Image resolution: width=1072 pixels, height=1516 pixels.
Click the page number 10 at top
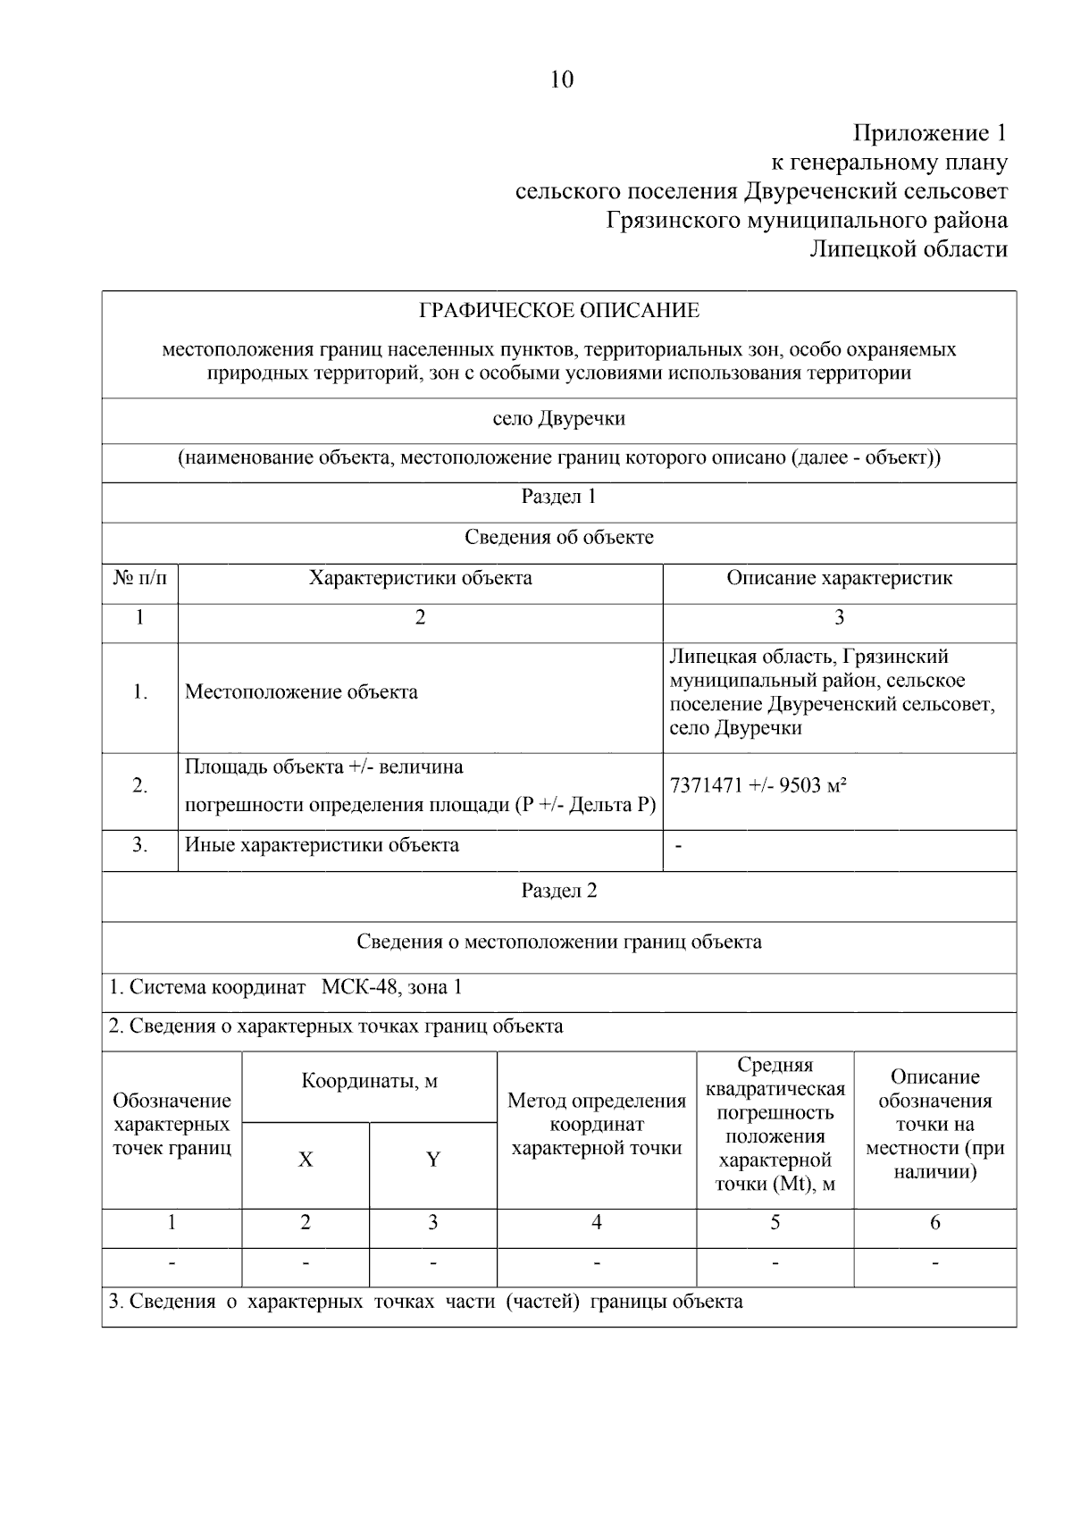562,80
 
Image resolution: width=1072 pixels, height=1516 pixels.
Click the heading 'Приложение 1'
930,134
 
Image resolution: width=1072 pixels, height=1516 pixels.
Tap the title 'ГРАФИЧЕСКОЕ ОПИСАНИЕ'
559,311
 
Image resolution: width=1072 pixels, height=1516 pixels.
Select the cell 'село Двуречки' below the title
559,419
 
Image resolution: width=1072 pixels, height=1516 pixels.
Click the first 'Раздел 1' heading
559,497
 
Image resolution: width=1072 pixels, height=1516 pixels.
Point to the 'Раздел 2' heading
559,891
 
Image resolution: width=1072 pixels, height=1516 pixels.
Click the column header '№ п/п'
140,578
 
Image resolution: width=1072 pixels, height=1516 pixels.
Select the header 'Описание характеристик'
839,578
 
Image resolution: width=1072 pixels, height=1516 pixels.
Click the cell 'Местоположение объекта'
301,692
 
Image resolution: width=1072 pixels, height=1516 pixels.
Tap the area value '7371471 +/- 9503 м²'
758,786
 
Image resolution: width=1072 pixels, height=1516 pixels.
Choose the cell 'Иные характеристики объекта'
322,845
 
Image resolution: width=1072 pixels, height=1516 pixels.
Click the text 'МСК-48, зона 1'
391,987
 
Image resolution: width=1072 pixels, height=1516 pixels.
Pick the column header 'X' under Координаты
306,1160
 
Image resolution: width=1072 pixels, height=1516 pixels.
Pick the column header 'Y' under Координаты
433,1160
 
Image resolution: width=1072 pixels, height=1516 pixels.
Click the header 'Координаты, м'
369,1082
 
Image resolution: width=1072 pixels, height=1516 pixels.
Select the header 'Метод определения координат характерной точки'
597,1124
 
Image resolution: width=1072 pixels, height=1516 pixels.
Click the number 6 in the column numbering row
935,1223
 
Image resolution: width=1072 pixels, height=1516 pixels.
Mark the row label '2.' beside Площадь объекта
140,786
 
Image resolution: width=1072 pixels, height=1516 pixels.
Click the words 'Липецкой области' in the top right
909,249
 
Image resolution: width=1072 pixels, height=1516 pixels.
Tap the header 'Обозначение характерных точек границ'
172,1124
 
